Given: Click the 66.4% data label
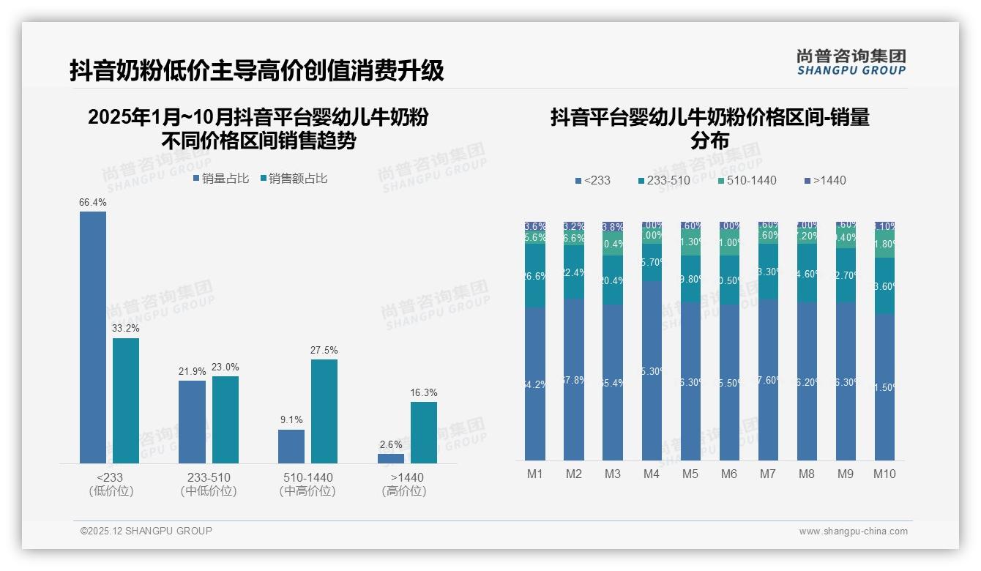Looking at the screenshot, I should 93,203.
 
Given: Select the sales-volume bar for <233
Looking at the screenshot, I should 93,337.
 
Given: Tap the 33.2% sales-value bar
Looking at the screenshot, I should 126,400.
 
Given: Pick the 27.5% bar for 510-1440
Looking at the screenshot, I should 324,411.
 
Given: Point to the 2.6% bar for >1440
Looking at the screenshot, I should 391,458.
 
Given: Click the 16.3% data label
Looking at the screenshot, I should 424,393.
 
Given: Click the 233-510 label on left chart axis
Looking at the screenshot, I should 209,477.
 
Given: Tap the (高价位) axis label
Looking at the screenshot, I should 403,491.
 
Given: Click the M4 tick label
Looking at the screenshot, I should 652,474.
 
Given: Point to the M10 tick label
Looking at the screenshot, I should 884,474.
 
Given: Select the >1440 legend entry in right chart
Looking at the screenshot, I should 825,180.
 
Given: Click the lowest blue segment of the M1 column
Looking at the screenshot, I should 535,384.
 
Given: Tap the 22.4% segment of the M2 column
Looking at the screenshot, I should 574,272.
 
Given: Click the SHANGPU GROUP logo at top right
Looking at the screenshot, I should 851,62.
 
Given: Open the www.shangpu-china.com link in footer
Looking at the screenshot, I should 853,531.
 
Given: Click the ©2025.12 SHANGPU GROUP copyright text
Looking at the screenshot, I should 146,531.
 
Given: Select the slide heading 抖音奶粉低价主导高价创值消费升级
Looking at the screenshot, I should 257,71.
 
